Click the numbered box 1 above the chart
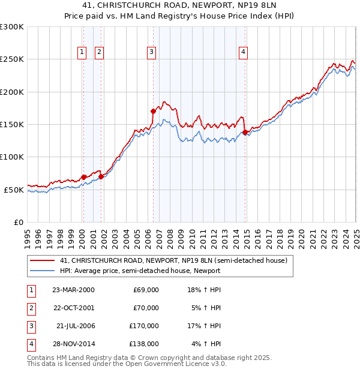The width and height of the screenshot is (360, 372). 82,53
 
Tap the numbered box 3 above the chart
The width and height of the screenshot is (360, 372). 152,53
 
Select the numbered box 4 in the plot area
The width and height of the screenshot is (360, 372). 244,53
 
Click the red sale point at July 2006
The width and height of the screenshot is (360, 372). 154,111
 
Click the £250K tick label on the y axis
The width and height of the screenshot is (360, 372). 12,59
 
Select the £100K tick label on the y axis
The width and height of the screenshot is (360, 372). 12,157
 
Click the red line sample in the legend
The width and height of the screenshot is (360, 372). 42,260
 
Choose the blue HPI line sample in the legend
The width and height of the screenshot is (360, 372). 42,271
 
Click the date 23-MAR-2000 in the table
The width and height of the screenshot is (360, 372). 73,290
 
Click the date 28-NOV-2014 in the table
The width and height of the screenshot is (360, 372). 73,344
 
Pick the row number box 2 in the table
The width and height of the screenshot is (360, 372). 29,308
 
